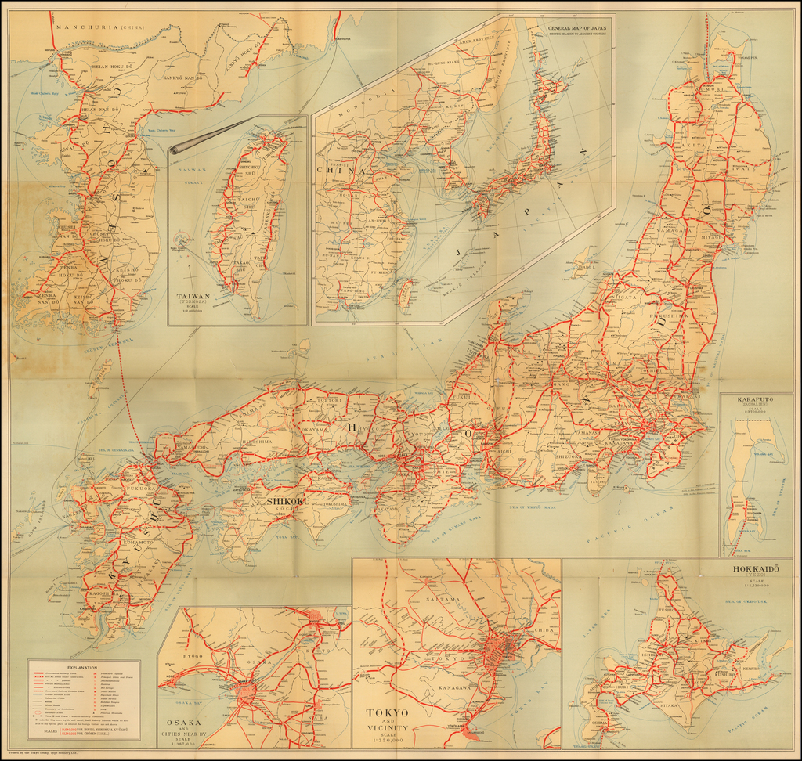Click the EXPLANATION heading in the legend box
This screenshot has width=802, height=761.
pos(82,668)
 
